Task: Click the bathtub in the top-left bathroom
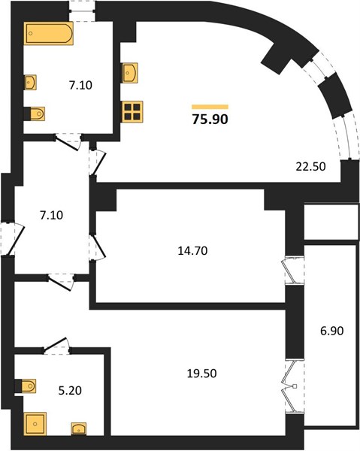pos(48,33)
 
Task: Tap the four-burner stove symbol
pos(132,112)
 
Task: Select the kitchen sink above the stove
pos(130,73)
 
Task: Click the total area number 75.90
pos(210,119)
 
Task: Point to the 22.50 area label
pos(311,166)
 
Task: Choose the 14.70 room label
pos(192,251)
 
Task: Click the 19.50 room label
pos(202,374)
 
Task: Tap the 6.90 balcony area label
pos(332,331)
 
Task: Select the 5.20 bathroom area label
pos(70,391)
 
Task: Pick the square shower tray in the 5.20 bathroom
pos(35,424)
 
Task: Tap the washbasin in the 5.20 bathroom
pos(79,428)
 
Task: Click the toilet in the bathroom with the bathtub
pos(35,114)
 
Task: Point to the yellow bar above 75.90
pos(210,107)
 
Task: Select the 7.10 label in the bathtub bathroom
pos(80,85)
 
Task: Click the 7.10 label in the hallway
pos(51,215)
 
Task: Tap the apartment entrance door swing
pos(14,239)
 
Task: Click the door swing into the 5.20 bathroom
pos(56,345)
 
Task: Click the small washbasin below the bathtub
pos(30,83)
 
